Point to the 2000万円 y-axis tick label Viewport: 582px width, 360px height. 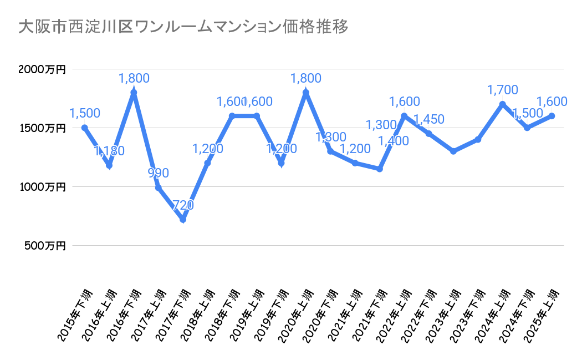pyautogui.click(x=42, y=70)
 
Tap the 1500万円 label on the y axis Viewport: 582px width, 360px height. pyautogui.click(x=42, y=128)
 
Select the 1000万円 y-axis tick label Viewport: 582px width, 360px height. pyautogui.click(x=42, y=187)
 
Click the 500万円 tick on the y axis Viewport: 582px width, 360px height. pyautogui.click(x=45, y=245)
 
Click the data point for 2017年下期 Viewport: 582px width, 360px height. pyautogui.click(x=183, y=219)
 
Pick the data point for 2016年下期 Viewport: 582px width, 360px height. pyautogui.click(x=134, y=93)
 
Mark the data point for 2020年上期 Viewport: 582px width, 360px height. pyautogui.click(x=306, y=93)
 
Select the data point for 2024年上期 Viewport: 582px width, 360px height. pyautogui.click(x=503, y=104)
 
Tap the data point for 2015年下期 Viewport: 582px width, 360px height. pyautogui.click(x=85, y=128)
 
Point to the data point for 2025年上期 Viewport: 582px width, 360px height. pyautogui.click(x=552, y=116)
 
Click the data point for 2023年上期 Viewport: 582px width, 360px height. pyautogui.click(x=453, y=151)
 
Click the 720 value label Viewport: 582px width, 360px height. pyautogui.click(x=183, y=205)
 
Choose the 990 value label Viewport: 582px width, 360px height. pyautogui.click(x=158, y=173)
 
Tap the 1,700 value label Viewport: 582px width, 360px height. pyautogui.click(x=502, y=90)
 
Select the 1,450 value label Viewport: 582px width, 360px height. pyautogui.click(x=429, y=119)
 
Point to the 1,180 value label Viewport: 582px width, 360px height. pyautogui.click(x=109, y=151)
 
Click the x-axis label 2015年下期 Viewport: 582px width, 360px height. pyautogui.click(x=75, y=313)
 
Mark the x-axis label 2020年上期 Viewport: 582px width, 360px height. pyautogui.click(x=297, y=313)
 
